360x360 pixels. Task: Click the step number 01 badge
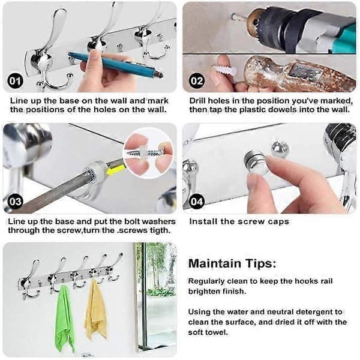tap(15, 81)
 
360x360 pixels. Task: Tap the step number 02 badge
tap(197, 81)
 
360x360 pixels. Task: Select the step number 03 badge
tap(15, 202)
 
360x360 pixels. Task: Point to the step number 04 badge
tap(197, 202)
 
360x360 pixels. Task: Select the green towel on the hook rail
tap(65, 319)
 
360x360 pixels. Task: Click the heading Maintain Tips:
tap(232, 263)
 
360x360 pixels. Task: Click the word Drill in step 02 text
tap(197, 101)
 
